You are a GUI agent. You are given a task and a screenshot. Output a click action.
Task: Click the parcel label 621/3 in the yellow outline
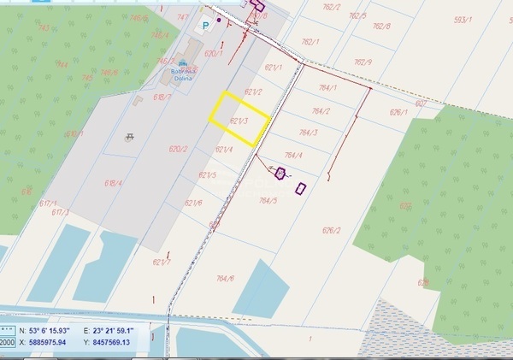[x=239, y=121]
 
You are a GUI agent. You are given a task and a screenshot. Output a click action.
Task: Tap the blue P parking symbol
[x=204, y=27]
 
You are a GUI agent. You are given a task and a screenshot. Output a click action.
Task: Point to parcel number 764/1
[x=328, y=88]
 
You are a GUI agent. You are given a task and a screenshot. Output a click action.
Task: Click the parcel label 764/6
[x=225, y=278]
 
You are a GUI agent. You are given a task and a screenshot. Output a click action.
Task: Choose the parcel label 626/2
[x=331, y=231]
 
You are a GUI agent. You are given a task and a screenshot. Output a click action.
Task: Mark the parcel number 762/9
[x=363, y=62]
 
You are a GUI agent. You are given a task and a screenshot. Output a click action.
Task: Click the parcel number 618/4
[x=114, y=183]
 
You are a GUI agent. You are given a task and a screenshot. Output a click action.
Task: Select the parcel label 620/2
[x=178, y=149]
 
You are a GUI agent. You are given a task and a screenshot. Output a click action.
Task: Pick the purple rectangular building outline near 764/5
[x=300, y=188]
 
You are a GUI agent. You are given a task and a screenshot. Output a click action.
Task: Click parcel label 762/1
[x=310, y=42]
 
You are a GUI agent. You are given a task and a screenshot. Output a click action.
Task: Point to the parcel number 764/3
[x=308, y=133]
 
